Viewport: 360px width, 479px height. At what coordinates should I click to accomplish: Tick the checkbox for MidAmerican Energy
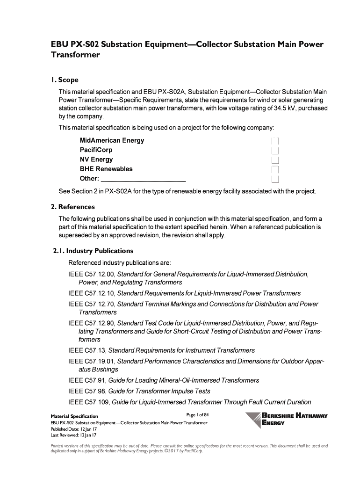tap(275, 141)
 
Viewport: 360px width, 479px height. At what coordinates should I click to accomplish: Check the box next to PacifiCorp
tap(275, 150)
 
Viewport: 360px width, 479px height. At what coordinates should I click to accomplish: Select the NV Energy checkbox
tap(275, 160)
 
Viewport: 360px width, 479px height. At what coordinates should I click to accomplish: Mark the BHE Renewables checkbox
tap(275, 169)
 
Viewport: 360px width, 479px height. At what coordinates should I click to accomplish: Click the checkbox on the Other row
tap(275, 179)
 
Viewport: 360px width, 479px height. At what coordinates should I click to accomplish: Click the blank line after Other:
tap(144, 179)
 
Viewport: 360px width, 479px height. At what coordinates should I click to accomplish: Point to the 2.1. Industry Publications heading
tap(93, 251)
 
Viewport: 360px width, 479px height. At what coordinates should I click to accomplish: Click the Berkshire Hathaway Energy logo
tap(286, 419)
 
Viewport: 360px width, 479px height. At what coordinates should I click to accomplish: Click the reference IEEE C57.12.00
tap(92, 274)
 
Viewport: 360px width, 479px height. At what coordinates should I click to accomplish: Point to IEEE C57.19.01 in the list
tap(92, 361)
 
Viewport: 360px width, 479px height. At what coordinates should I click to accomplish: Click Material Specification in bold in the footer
tap(74, 416)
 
